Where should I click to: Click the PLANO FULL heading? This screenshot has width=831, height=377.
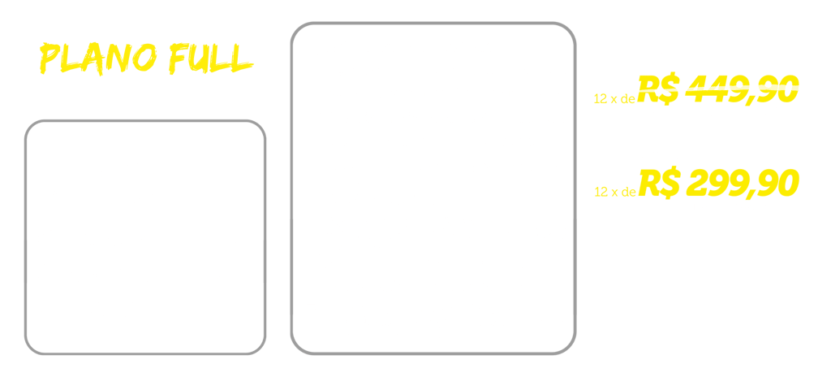click(146, 59)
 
